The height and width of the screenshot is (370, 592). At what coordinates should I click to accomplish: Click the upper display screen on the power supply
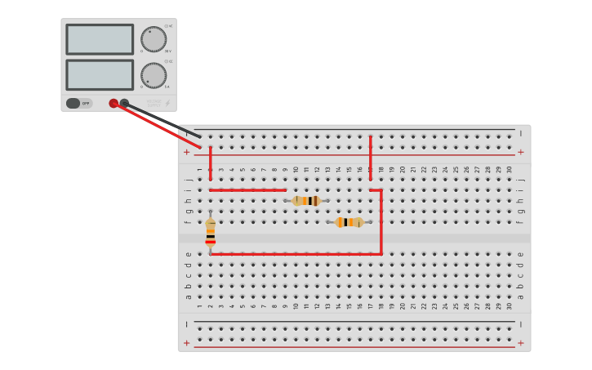point(100,39)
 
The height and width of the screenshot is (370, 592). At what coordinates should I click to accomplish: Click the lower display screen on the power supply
point(100,75)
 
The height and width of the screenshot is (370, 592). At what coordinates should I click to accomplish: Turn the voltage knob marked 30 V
point(153,39)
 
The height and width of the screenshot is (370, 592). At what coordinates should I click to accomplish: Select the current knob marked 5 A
point(153,75)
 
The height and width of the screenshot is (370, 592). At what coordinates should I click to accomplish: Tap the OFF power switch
point(78,104)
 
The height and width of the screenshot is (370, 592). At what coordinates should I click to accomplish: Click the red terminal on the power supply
point(114,104)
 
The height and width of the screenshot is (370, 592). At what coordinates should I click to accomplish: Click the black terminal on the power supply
point(124,103)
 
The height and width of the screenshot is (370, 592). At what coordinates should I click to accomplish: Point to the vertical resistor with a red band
point(211,232)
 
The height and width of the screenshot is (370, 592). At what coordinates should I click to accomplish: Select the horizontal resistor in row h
point(306,200)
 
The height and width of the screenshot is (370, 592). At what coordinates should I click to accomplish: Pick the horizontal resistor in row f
point(349,222)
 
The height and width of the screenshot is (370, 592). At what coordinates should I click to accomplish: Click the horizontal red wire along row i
point(247,190)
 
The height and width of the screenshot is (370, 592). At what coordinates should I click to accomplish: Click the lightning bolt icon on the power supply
point(168,104)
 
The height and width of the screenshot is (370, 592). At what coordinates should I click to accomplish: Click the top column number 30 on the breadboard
point(510,170)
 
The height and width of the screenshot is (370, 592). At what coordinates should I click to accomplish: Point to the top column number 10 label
point(296,170)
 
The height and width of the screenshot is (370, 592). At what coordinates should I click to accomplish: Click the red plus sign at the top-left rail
point(187,152)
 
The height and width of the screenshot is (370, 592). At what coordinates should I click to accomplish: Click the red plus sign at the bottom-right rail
point(520,343)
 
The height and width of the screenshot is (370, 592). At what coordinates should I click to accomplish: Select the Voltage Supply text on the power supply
point(154,104)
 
